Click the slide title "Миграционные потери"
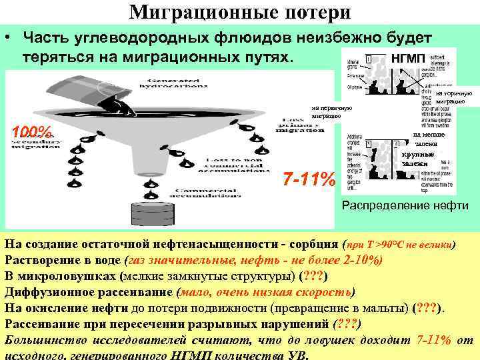tap(239, 12)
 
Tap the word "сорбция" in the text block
tap(307, 245)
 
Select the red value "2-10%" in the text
tap(359, 261)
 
